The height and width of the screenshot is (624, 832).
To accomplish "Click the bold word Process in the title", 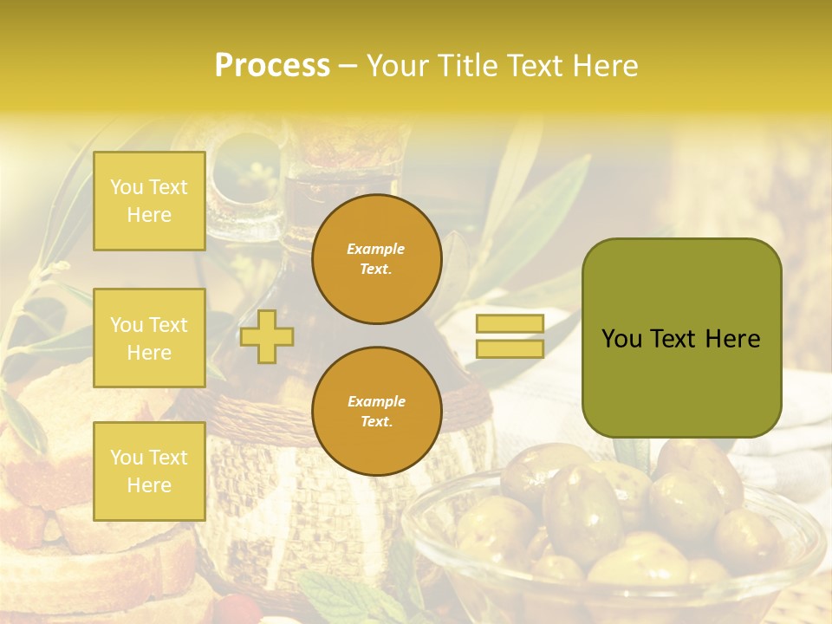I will coord(272,66).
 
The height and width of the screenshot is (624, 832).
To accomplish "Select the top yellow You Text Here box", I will coord(149,201).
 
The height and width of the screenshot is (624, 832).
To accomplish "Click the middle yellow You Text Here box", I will coord(149,338).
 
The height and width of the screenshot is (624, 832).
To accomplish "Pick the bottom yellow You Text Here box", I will coord(149,471).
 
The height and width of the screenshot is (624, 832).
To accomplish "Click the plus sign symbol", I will coord(266,336).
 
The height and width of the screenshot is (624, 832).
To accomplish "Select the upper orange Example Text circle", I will coord(376,259).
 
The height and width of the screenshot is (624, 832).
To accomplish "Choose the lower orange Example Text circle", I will coord(376,411).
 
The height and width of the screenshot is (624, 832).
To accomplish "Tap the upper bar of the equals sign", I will coord(510,324).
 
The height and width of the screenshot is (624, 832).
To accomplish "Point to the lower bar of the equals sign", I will coord(510,349).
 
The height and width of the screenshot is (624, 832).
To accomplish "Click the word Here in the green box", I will coord(732,339).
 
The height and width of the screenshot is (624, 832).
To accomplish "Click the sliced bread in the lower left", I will coord(52,451).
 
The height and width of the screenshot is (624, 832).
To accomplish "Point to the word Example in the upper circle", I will coord(376,249).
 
